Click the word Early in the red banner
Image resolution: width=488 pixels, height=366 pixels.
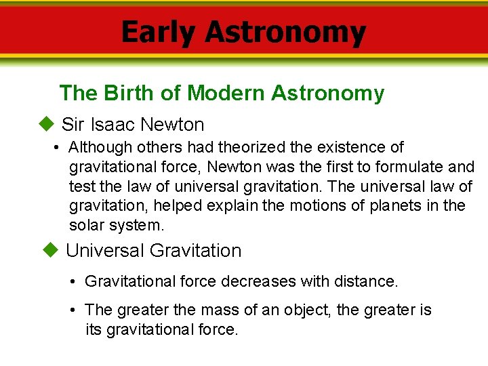pyautogui.click(x=158, y=33)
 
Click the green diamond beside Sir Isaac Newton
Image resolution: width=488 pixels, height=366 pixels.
pyautogui.click(x=45, y=124)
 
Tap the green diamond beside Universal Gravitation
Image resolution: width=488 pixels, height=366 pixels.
pyautogui.click(x=49, y=250)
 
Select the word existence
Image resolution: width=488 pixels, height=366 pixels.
pyautogui.click(x=345, y=147)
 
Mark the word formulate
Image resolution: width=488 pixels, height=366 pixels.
pyautogui.click(x=402, y=167)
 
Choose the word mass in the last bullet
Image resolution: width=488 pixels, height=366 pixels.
pyautogui.click(x=219, y=310)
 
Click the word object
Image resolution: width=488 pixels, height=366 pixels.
pyautogui.click(x=304, y=310)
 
